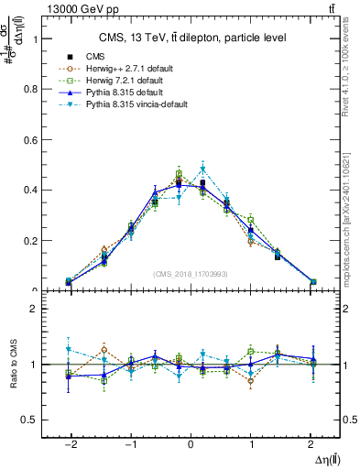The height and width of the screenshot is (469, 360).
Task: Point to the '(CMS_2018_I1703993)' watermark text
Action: click(191, 274)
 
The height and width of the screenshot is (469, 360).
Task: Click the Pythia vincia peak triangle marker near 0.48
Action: click(203, 169)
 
